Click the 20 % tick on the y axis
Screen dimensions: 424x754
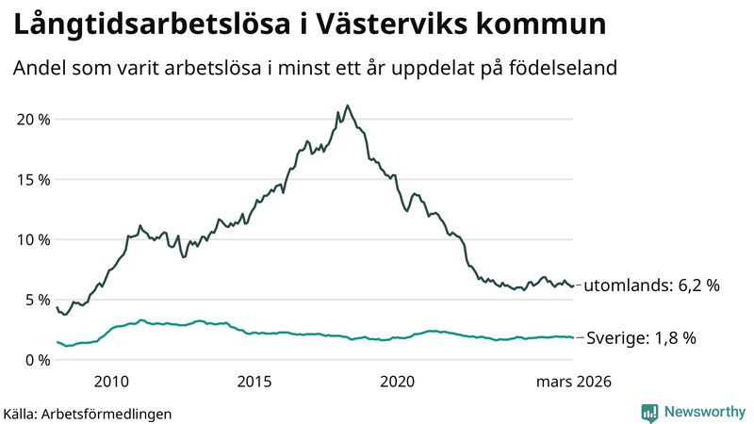click(x=30, y=119)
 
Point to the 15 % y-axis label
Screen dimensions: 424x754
click(x=30, y=179)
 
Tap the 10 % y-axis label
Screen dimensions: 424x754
click(x=30, y=239)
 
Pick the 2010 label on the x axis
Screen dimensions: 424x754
click(x=111, y=382)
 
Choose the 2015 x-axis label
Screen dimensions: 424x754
click(x=254, y=382)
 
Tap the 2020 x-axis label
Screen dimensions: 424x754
click(x=397, y=382)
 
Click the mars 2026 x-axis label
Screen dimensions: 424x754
click(x=574, y=382)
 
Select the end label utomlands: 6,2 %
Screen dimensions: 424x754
click(x=652, y=285)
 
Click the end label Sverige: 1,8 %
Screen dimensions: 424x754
click(x=641, y=338)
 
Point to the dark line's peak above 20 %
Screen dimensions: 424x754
click(x=348, y=106)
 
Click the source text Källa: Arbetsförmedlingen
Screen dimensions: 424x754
click(x=88, y=414)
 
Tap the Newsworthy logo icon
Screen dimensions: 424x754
click(x=649, y=412)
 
